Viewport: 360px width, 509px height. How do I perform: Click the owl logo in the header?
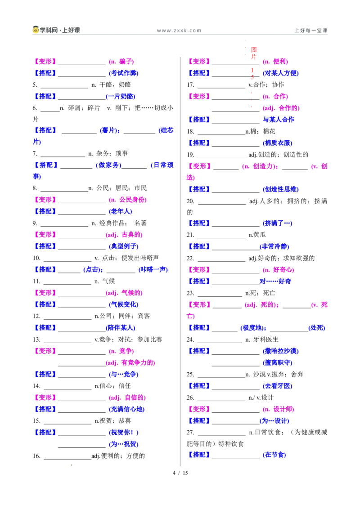[36, 30]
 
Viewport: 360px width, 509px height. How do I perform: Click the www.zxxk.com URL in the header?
[179, 31]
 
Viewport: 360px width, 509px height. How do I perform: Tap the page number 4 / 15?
[180, 473]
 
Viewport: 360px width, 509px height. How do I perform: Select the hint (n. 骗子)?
[121, 62]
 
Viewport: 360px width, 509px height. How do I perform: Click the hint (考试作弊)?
[123, 73]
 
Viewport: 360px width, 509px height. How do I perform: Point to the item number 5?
[35, 85]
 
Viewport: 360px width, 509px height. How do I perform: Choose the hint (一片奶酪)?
[121, 96]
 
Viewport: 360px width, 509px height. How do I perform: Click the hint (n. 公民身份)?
[128, 200]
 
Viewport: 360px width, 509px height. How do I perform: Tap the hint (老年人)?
[120, 212]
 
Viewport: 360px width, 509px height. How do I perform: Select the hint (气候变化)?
[123, 304]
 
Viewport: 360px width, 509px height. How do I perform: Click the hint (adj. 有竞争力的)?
[130, 362]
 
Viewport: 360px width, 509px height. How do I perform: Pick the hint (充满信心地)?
[127, 409]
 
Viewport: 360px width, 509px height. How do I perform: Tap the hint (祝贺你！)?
[123, 433]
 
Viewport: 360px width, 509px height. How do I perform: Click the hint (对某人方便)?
[281, 73]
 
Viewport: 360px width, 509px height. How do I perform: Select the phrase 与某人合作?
[279, 120]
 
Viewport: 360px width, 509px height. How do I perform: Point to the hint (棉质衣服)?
[278, 143]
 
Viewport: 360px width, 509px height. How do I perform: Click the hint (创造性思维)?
[281, 189]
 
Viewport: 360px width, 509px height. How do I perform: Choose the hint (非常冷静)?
[274, 247]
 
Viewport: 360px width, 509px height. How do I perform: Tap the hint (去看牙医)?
[278, 386]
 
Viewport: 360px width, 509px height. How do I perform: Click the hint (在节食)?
[274, 455]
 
